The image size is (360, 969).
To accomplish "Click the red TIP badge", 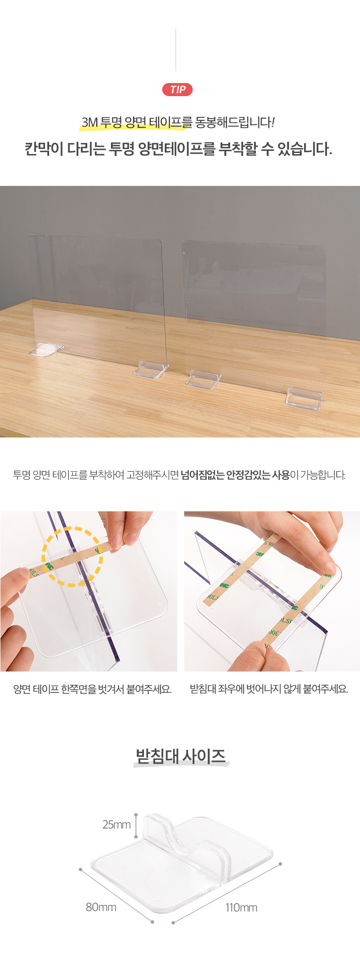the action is (177, 90).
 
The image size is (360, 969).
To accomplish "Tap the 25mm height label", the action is (116, 825).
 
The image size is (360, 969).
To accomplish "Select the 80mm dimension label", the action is (101, 907).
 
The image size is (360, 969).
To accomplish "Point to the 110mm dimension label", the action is (241, 908).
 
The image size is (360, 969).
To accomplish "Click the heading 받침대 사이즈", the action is (181, 756).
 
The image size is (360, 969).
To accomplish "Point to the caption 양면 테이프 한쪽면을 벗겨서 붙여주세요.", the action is (92, 689).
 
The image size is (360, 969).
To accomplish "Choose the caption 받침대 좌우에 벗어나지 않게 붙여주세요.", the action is (269, 689).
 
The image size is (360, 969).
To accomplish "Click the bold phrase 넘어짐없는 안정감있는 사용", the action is (235, 475).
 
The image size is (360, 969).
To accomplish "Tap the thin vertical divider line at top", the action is (176, 50).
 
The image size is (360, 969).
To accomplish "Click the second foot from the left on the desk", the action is (151, 369).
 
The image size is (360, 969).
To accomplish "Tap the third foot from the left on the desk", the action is (204, 379).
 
